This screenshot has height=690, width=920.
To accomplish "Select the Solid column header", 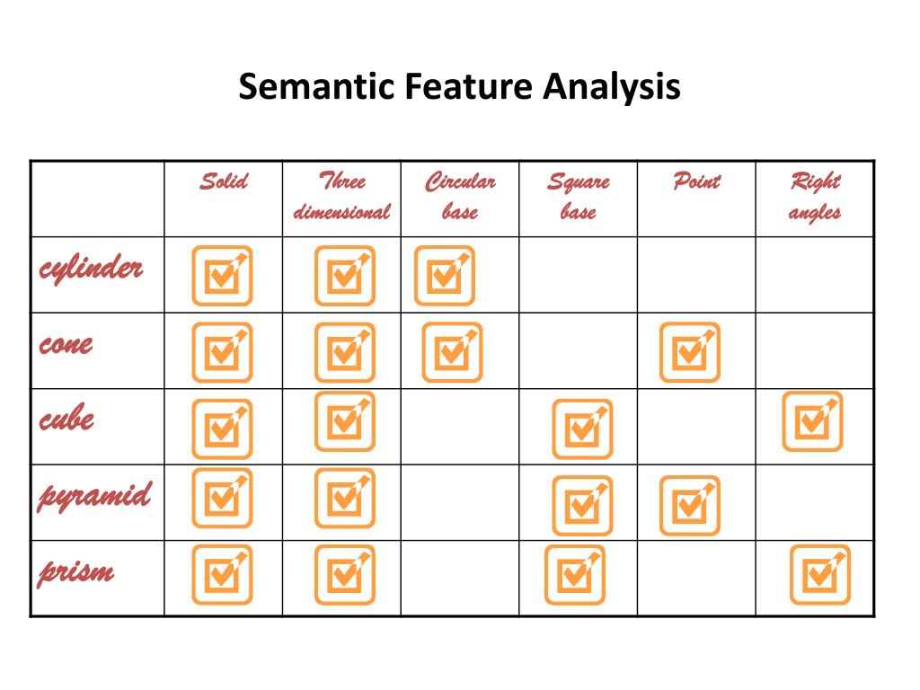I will click(223, 182).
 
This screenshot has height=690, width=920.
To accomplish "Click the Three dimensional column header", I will click(342, 197).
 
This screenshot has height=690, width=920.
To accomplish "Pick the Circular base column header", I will click(460, 197).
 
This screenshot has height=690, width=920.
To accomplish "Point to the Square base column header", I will click(579, 197).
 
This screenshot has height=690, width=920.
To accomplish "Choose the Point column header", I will click(696, 182).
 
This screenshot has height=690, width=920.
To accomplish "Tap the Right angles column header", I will click(815, 197).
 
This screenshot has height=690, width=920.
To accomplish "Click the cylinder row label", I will click(91, 268).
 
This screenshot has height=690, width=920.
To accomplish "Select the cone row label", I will click(66, 344).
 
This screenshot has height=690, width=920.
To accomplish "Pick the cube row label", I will click(66, 420).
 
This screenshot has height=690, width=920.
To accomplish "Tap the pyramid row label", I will click(94, 496).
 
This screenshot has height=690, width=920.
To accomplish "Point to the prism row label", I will click(76, 571).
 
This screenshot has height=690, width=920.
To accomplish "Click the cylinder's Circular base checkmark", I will click(444, 276).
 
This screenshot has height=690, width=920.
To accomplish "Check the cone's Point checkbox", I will click(690, 352).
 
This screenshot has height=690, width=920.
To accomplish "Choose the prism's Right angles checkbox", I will click(819, 574).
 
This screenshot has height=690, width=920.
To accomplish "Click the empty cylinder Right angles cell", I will click(815, 275).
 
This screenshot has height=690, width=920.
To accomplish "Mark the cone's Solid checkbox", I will click(222, 352).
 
